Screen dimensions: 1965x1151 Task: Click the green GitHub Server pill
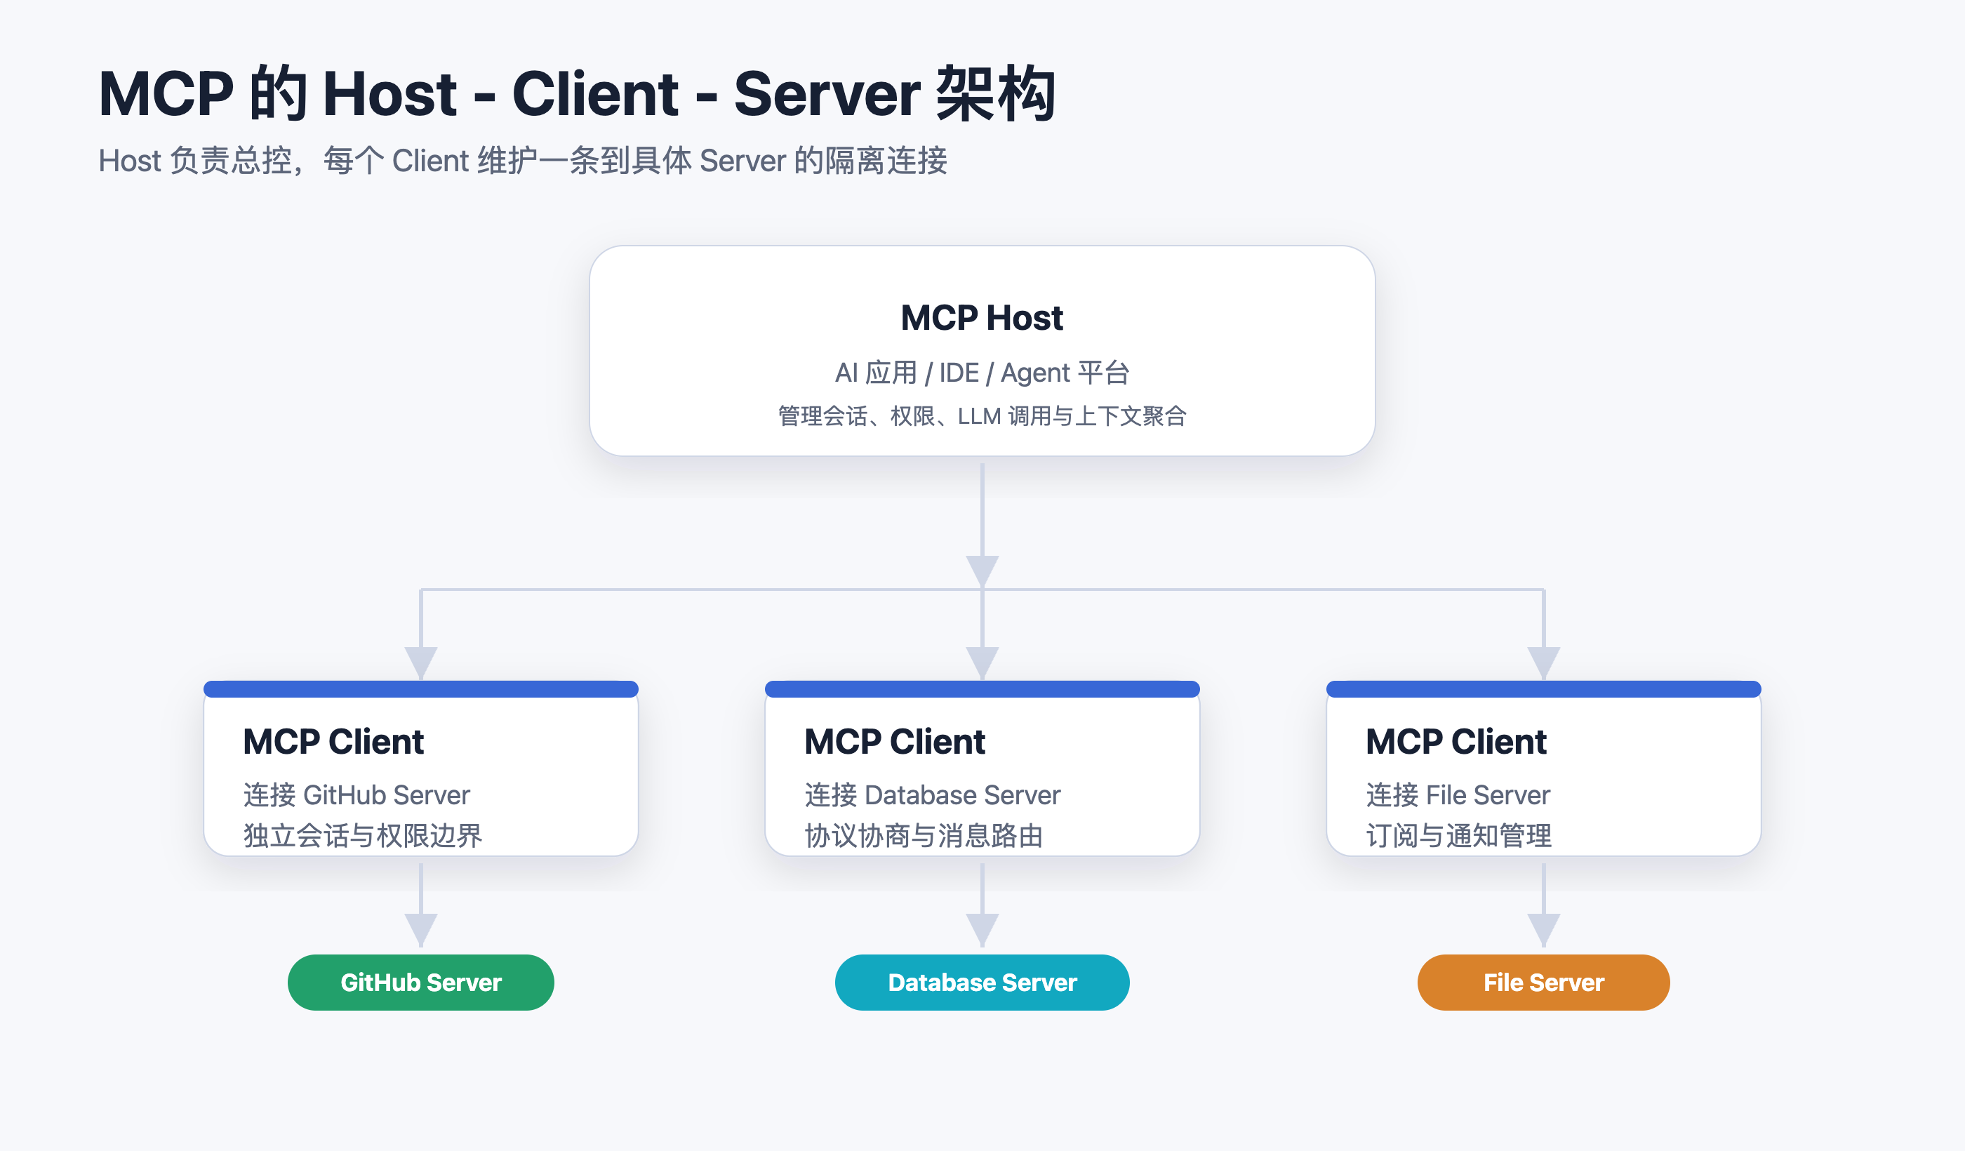421,983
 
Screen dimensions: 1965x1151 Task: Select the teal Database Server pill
982,983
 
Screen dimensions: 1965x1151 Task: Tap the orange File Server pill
1544,983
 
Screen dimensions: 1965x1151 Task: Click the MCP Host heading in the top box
982,318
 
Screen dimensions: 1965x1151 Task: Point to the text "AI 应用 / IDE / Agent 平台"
982,373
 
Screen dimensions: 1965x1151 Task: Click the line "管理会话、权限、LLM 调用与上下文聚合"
982,416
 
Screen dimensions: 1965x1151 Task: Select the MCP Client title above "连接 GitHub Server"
334,742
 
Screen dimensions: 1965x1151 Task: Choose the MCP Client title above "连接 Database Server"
895,742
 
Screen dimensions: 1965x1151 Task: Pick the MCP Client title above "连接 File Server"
1457,742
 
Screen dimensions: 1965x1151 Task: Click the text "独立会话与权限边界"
363,836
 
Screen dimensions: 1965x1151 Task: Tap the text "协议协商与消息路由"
924,836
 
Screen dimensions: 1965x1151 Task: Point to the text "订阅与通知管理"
1459,836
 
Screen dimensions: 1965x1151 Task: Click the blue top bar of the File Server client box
1544,689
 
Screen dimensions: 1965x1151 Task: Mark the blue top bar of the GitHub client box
421,689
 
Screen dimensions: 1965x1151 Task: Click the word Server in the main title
827,94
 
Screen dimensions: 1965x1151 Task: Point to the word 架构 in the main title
996,93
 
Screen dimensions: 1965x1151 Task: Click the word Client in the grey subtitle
430,161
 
